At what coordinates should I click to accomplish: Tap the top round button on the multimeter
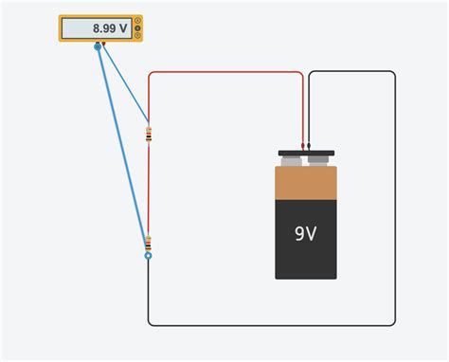tap(138, 20)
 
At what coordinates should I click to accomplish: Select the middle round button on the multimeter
tap(138, 28)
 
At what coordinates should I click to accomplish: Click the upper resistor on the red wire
tap(148, 134)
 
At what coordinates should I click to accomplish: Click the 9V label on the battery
tap(305, 232)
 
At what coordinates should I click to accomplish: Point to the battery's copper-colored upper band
tap(306, 182)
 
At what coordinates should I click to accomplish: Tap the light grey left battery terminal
tap(292, 160)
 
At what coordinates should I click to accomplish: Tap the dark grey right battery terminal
tap(319, 160)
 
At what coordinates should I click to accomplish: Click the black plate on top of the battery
tap(306, 153)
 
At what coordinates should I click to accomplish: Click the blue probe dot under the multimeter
tap(97, 45)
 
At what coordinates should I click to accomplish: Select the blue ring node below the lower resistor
tap(148, 255)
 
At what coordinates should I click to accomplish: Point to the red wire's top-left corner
tap(150, 73)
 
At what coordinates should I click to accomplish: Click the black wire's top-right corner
tap(393, 73)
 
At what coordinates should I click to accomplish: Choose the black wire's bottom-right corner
tap(393, 324)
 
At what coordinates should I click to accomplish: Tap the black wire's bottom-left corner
tap(150, 324)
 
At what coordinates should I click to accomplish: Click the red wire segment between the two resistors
tap(148, 190)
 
